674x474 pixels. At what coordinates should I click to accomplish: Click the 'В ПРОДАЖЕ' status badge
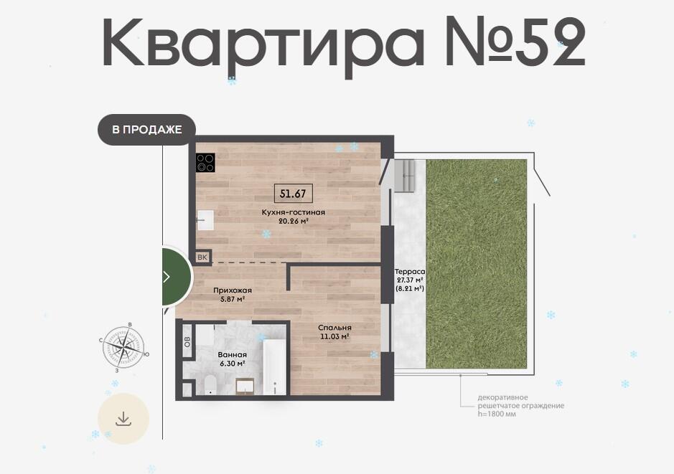[x=146, y=129]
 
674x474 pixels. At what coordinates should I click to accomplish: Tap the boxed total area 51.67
[x=293, y=194]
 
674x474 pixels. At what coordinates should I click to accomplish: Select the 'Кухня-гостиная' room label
[x=293, y=212]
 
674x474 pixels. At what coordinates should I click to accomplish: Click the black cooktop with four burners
[x=205, y=163]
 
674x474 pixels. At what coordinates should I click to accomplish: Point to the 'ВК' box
[x=202, y=257]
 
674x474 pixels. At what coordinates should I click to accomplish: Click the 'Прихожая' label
[x=233, y=290]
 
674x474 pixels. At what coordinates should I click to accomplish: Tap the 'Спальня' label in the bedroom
[x=335, y=328]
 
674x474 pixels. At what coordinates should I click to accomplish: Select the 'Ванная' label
[x=232, y=355]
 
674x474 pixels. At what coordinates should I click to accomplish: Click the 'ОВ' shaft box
[x=187, y=341]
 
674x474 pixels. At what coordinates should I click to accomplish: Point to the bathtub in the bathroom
[x=274, y=366]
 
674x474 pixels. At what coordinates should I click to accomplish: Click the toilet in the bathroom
[x=211, y=384]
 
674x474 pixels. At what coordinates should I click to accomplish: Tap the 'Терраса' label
[x=410, y=272]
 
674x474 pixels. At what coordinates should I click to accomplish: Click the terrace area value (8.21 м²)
[x=410, y=288]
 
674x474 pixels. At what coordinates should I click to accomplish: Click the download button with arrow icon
[x=123, y=419]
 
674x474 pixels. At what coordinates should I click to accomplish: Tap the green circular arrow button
[x=177, y=277]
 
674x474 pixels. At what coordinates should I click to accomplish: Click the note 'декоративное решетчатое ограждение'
[x=520, y=402]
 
